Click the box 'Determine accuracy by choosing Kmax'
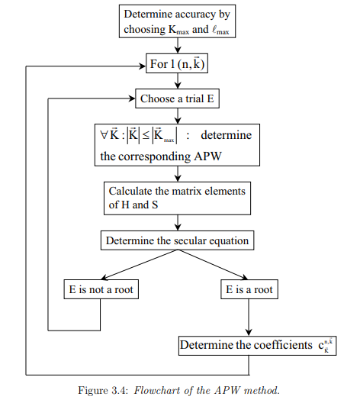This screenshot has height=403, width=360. coord(177,21)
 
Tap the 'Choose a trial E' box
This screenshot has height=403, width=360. coord(177,98)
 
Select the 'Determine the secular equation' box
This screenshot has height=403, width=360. coord(177,241)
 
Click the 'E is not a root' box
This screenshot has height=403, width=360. coord(101,290)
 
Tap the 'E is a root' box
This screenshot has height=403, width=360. coord(250,290)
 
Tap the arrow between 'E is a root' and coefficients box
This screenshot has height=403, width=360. coord(250,317)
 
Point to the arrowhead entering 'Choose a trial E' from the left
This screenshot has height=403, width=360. coord(131,98)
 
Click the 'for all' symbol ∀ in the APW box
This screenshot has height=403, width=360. coord(95,136)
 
